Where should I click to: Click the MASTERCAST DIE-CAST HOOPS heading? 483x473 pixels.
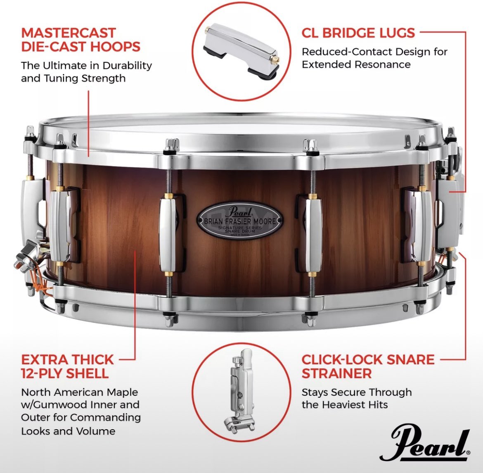point(80,39)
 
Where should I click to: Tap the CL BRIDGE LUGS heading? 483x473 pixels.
point(358,33)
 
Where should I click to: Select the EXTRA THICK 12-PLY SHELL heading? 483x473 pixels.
point(67,366)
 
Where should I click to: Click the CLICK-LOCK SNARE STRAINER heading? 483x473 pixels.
point(368,366)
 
